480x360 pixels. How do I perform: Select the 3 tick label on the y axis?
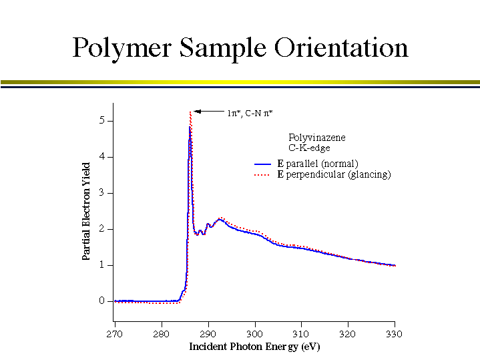[102, 193]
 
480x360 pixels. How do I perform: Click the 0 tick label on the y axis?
[102, 301]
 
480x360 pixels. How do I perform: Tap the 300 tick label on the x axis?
[254, 333]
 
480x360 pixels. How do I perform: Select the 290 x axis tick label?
[208, 333]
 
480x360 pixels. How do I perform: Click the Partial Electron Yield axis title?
[86, 211]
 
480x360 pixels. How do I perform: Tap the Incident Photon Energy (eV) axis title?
[254, 347]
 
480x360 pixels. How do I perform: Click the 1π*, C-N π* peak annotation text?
[250, 114]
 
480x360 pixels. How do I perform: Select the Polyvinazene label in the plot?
[317, 138]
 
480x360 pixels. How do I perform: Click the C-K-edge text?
[309, 148]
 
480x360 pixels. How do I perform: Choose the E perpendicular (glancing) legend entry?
[334, 174]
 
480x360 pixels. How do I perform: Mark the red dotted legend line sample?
[262, 175]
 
